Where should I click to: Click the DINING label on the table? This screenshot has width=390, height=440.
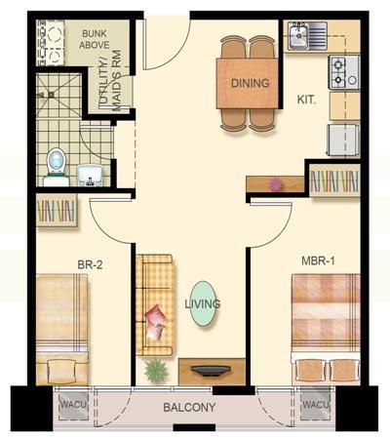(x=251, y=83)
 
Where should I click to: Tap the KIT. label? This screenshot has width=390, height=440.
(x=306, y=100)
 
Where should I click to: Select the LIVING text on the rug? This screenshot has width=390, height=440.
(x=203, y=304)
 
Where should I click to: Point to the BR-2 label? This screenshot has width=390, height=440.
(x=90, y=264)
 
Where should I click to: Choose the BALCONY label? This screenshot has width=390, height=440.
(x=189, y=407)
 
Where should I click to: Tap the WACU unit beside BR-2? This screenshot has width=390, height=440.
(x=73, y=405)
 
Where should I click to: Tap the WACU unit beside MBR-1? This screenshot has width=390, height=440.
(x=316, y=405)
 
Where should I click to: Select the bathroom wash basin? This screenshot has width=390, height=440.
(x=91, y=175)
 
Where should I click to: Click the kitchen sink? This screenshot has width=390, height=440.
(x=298, y=36)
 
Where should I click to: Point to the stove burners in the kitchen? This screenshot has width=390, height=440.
(x=338, y=72)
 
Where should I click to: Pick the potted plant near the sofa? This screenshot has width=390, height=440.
(x=156, y=371)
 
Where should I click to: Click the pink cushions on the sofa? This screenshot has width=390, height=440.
(x=155, y=322)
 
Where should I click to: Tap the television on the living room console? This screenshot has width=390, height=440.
(x=211, y=370)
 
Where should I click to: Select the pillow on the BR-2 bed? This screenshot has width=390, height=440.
(x=61, y=372)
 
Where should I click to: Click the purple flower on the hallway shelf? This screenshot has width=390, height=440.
(x=276, y=184)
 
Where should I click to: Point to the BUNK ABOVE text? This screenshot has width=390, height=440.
(x=95, y=39)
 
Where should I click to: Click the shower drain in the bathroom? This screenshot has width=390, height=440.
(x=51, y=95)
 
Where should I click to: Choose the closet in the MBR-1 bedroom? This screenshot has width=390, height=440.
(x=334, y=180)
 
